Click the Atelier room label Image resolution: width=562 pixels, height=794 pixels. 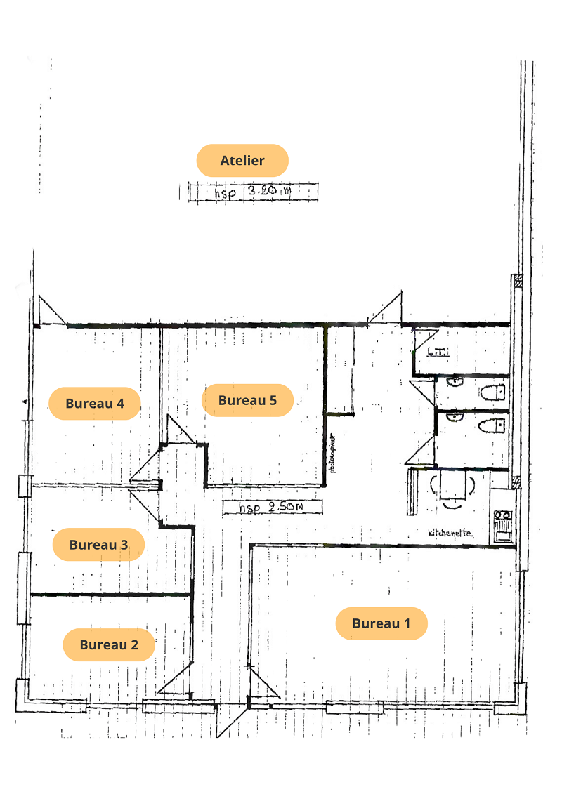coord(242,160)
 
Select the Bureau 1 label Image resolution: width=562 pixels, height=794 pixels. coord(381,623)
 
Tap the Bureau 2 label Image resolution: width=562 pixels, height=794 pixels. coord(109,644)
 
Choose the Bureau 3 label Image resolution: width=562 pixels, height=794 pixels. coord(98,544)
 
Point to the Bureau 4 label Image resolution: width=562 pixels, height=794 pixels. coord(95,404)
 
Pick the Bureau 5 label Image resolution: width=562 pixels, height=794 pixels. coord(247,400)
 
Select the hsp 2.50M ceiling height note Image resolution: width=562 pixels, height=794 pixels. coord(272,508)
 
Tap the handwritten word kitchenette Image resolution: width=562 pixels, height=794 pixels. coord(450,533)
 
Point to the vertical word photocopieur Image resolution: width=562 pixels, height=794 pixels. coord(333,454)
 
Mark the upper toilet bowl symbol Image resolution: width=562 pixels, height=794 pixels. coord(493,391)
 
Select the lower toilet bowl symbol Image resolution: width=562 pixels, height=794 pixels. coord(493,425)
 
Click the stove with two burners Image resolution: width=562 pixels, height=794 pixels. coord(503,525)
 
